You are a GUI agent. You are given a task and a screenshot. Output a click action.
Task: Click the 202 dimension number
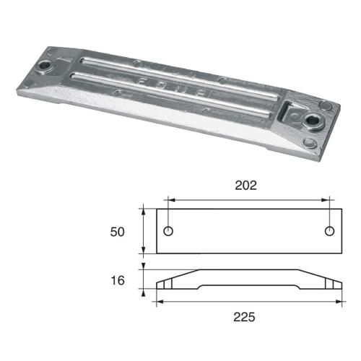click(248, 186)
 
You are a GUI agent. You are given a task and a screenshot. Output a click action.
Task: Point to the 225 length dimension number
click(248, 316)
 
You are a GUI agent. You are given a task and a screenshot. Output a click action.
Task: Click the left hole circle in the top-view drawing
click(168, 231)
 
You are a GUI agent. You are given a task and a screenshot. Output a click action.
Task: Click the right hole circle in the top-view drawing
click(330, 231)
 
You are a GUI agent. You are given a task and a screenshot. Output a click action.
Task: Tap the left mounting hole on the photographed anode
click(48, 66)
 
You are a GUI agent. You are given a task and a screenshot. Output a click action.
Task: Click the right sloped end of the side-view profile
click(329, 280)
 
